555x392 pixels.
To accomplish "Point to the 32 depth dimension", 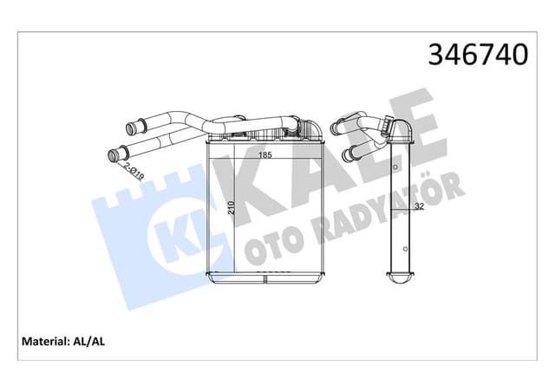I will point(419,206).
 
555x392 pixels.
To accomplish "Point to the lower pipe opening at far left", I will point(112,157).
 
